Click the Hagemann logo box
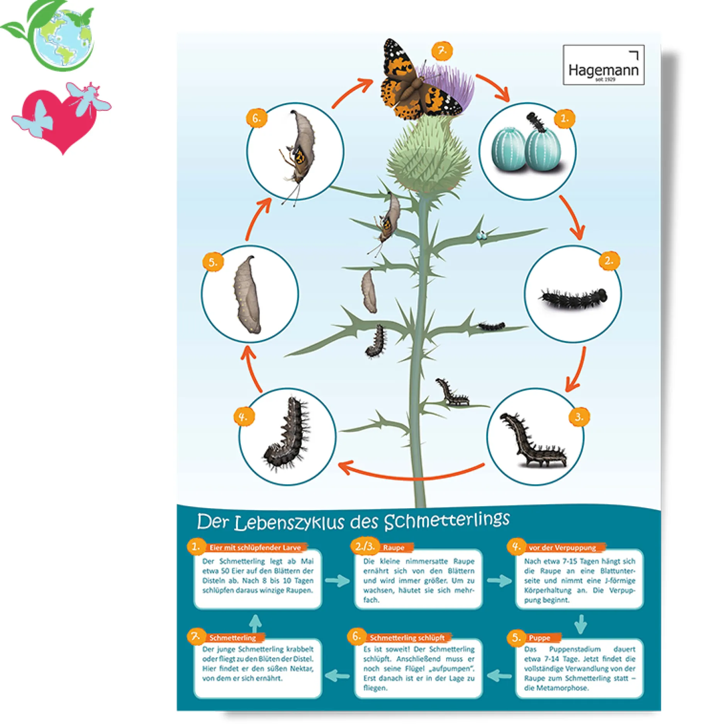(603, 65)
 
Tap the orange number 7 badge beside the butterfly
(442, 51)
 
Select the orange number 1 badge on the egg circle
(564, 118)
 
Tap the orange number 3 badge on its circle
(579, 417)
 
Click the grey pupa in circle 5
(248, 294)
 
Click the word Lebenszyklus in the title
(289, 523)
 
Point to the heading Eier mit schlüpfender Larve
(255, 548)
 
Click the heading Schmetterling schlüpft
(407, 638)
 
